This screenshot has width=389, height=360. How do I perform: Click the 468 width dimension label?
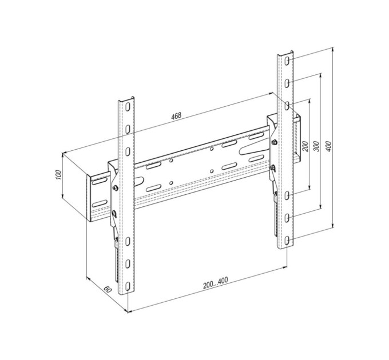(x=176, y=115)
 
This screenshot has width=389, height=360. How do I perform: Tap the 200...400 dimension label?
(x=215, y=283)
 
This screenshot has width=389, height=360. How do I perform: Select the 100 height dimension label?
(x=58, y=175)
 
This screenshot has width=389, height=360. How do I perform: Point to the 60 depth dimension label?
(x=108, y=289)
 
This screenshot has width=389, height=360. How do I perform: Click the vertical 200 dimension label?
(x=306, y=146)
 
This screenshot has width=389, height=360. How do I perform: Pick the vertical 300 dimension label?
(x=316, y=146)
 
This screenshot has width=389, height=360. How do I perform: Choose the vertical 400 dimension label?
(x=328, y=146)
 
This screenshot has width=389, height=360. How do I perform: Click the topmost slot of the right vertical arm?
(x=287, y=61)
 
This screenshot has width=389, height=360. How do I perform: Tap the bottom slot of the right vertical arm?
(x=287, y=241)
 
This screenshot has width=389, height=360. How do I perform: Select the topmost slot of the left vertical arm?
(x=128, y=107)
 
